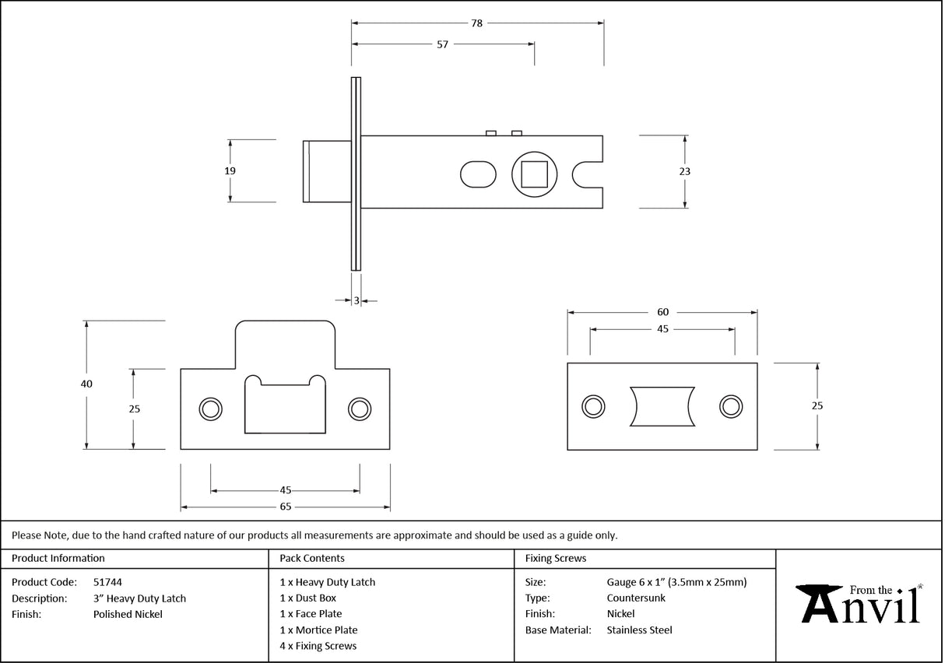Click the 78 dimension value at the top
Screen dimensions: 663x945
coord(476,23)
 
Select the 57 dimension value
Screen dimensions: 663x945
coord(442,44)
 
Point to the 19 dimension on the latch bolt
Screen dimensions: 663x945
coord(230,170)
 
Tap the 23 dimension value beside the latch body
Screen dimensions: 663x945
coord(685,171)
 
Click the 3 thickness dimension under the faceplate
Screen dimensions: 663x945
coord(357,300)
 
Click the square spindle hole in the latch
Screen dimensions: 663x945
coord(533,173)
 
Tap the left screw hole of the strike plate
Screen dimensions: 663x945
coord(209,409)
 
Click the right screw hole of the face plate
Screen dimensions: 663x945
coord(730,405)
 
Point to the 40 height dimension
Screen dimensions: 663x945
coord(86,384)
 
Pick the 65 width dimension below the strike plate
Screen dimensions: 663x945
coord(286,507)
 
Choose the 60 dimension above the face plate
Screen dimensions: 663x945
coord(662,312)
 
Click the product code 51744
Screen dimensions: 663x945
coord(107,581)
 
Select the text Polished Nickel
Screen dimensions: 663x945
coord(128,614)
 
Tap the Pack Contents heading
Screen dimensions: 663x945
coord(312,558)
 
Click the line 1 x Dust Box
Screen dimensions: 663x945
coord(308,598)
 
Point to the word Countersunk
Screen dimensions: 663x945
coord(636,598)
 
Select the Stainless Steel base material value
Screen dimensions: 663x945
coord(639,630)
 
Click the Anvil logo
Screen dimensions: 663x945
coord(859,605)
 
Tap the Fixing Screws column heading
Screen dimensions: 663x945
coord(556,558)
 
